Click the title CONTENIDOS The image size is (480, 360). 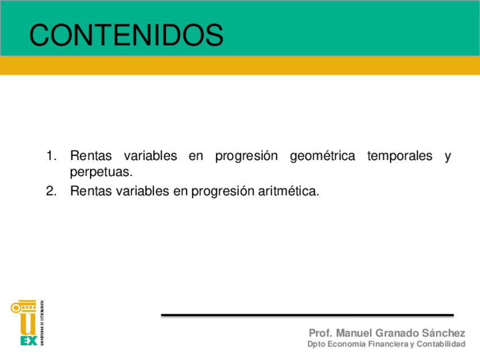click(x=126, y=35)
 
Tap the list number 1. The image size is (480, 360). click(x=51, y=156)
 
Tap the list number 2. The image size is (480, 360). click(x=51, y=191)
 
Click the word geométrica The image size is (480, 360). click(x=322, y=156)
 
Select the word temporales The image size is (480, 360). click(x=400, y=156)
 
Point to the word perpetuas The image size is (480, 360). click(x=101, y=172)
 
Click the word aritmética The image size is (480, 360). click(x=288, y=191)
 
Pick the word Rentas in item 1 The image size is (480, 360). click(x=91, y=156)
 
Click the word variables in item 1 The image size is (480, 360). click(x=151, y=156)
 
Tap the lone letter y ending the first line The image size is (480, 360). click(x=448, y=157)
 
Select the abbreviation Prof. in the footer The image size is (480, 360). click(x=320, y=333)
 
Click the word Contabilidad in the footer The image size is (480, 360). click(x=441, y=344)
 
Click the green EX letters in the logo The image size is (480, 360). click(x=29, y=340)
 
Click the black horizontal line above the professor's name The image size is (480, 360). click(x=307, y=315)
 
